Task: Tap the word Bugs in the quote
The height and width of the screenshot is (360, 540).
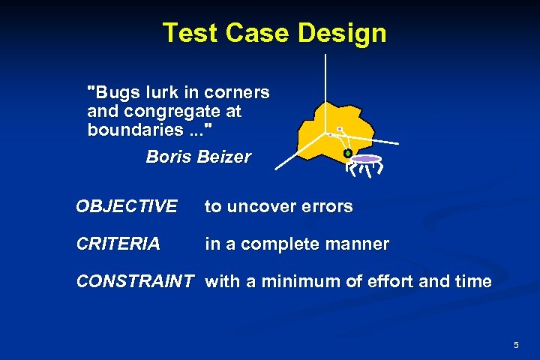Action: [x=112, y=93]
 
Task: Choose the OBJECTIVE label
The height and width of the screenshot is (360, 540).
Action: [x=127, y=206]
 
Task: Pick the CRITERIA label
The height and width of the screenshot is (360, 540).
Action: [x=118, y=244]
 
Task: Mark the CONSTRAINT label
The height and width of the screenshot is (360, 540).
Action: [x=135, y=282]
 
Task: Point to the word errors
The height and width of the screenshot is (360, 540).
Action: [x=328, y=206]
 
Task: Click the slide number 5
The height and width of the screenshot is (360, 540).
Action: [x=516, y=345]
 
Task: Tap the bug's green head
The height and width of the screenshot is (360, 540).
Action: [x=348, y=154]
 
